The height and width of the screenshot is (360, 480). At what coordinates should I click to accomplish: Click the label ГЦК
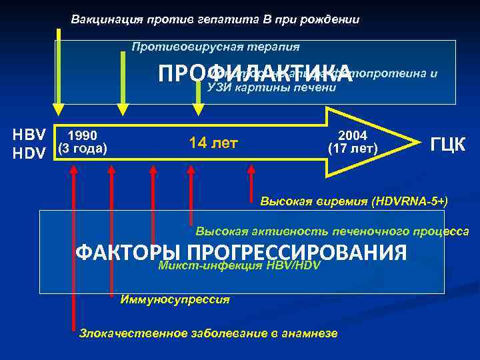point(449,144)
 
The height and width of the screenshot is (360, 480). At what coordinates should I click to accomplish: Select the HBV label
point(29,135)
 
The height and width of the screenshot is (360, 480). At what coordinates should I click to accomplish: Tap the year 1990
point(83,135)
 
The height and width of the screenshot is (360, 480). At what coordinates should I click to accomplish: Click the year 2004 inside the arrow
point(353,135)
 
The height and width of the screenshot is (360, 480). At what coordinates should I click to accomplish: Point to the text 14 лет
point(214,143)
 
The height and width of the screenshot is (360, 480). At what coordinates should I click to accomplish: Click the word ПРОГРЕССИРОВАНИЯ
point(297,253)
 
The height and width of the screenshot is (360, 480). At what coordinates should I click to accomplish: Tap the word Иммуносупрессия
point(175,300)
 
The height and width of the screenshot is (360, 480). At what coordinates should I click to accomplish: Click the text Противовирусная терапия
point(215,47)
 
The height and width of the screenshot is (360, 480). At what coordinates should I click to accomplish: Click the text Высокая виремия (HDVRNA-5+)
point(353,200)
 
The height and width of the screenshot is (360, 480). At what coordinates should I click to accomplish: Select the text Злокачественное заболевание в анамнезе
point(208,333)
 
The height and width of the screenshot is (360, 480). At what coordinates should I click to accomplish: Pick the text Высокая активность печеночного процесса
point(332,231)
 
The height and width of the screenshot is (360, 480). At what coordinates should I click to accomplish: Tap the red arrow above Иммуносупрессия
point(111,227)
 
